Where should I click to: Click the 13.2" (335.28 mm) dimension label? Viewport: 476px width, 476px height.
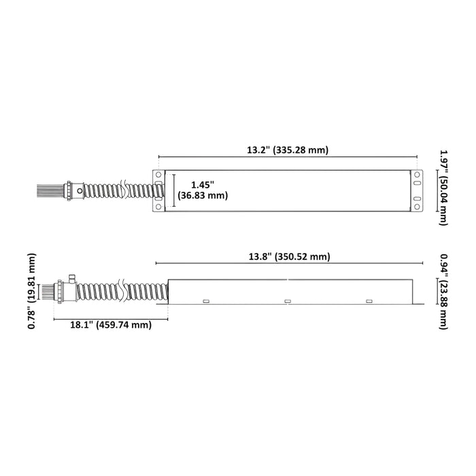pyautogui.click(x=288, y=150)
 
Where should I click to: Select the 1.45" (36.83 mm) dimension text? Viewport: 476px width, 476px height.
pyautogui.click(x=203, y=190)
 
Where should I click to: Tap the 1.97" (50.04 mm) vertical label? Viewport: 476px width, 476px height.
pyautogui.click(x=444, y=188)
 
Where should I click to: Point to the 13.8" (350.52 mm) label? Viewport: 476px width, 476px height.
pyautogui.click(x=289, y=256)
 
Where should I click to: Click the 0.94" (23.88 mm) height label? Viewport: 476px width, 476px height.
pyautogui.click(x=444, y=292)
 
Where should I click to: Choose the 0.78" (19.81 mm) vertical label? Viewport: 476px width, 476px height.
pyautogui.click(x=31, y=291)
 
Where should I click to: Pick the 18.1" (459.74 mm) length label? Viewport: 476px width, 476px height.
pyautogui.click(x=111, y=325)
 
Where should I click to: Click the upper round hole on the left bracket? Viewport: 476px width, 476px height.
pyautogui.click(x=158, y=175)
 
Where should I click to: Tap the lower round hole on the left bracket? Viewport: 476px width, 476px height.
pyautogui.click(x=158, y=207)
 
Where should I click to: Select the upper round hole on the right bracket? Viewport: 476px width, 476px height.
pyautogui.click(x=417, y=175)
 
